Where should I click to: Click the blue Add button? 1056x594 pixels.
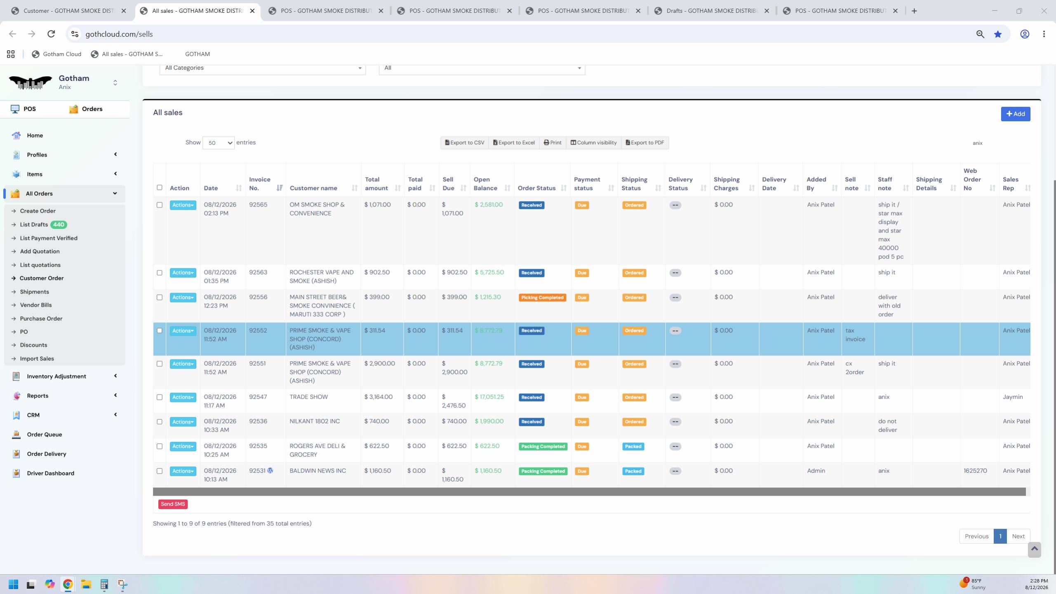[x=1015, y=114]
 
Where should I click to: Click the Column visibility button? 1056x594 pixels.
[x=593, y=143]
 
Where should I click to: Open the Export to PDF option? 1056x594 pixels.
[x=644, y=143]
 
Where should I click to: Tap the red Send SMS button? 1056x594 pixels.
[x=173, y=504]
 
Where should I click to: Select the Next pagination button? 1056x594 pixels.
[x=1018, y=536]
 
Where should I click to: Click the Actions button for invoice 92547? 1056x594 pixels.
[x=183, y=397]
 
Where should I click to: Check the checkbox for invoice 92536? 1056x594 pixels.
[x=160, y=422]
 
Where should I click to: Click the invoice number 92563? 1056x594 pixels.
[x=258, y=272]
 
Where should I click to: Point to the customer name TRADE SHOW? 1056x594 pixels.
[x=308, y=397]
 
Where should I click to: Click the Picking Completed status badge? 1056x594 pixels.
[x=542, y=298]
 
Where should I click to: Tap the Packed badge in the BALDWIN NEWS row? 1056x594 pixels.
[x=633, y=471]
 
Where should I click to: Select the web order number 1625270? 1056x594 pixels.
[x=975, y=471]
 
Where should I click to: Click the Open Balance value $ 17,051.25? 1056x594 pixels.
[x=489, y=397]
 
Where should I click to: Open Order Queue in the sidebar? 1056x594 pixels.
[x=45, y=434]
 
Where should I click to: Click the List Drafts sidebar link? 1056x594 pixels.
[x=34, y=225]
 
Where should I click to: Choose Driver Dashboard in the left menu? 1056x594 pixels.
[x=51, y=473]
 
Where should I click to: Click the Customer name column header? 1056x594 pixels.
[x=313, y=188]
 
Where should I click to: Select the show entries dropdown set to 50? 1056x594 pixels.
[x=219, y=143]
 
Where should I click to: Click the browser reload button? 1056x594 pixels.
[x=51, y=34]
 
